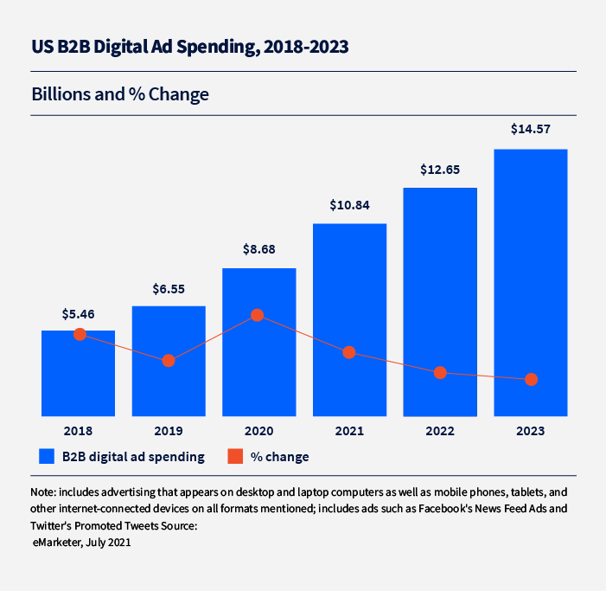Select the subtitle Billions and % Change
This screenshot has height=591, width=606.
coord(120,93)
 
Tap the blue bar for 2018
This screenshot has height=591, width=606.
coord(78,381)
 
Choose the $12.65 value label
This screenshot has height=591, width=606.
coord(440,170)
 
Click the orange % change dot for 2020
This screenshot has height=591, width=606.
coord(257,316)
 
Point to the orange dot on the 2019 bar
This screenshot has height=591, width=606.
coord(169,360)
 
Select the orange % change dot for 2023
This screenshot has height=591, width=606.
coord(531,379)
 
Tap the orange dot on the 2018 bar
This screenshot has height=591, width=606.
coord(80,334)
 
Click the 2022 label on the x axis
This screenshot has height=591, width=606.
coord(440,430)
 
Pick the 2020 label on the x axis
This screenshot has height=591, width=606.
coord(258,430)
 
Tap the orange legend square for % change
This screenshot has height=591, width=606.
coord(234,456)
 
